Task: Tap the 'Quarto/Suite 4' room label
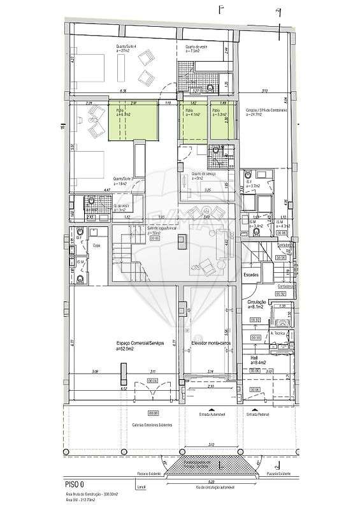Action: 125,47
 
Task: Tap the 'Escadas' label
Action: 251,274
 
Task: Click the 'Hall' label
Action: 255,358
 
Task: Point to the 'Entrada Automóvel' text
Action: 212,413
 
